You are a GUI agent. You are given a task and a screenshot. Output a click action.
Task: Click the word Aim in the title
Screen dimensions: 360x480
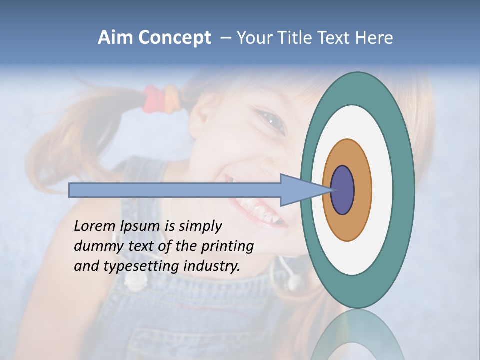[x=116, y=38]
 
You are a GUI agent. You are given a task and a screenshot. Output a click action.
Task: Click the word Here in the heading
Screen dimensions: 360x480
[x=374, y=38]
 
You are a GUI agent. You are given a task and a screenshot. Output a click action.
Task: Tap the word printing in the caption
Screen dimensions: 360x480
[x=227, y=246]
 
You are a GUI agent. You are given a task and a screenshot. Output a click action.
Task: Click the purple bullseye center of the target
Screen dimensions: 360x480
[x=343, y=190]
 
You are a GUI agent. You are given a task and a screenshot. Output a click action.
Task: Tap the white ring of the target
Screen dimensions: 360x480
[x=382, y=190]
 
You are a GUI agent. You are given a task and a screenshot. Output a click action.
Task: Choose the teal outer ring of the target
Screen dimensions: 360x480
[x=405, y=190]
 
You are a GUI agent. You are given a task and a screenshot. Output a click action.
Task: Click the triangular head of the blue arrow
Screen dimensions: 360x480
[x=300, y=190]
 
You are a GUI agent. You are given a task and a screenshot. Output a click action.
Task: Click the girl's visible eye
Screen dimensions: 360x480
[x=272, y=121]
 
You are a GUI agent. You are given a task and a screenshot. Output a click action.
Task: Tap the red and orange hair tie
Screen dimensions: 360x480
[x=160, y=99]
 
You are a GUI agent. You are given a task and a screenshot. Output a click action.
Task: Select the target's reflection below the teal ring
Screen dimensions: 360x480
[x=357, y=335]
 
